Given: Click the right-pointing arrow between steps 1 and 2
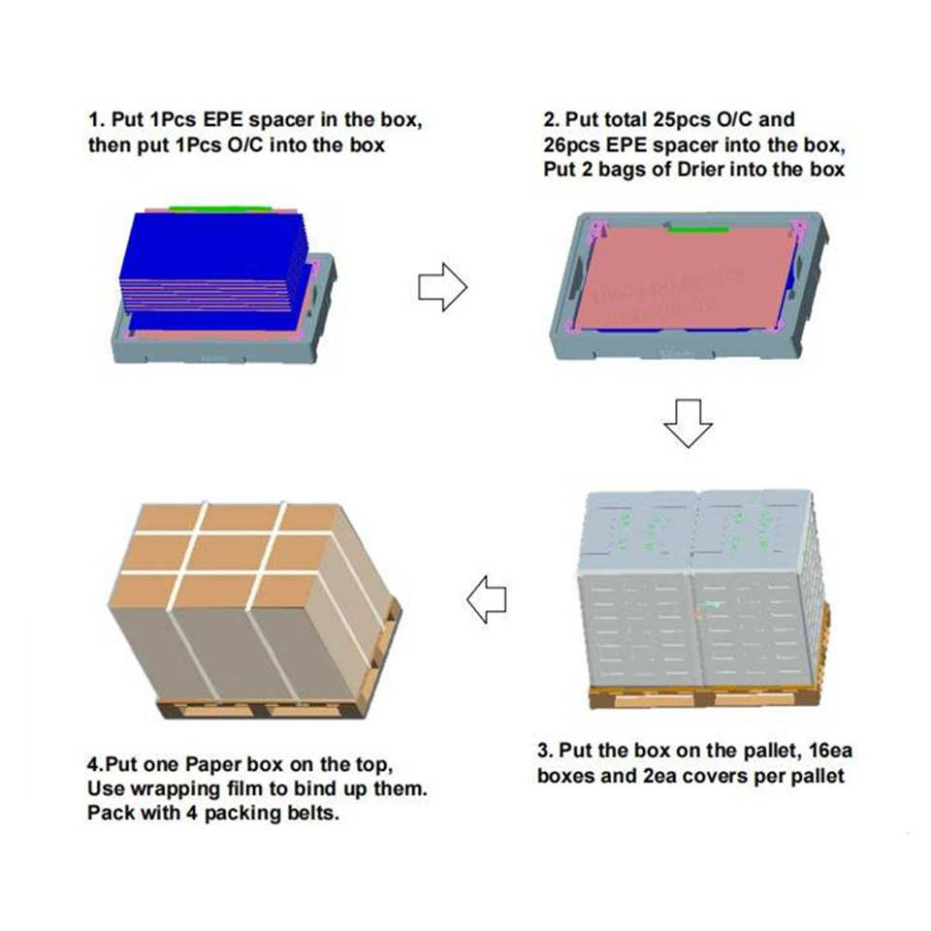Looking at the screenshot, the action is pos(443,287).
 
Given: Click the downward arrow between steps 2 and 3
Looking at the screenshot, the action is pos(688,423).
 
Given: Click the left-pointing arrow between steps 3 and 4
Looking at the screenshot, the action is pos(486,599).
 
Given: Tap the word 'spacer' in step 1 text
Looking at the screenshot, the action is pos(281,120).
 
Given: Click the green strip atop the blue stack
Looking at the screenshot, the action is pos(220,209).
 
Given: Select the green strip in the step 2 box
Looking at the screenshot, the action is pos(697,229).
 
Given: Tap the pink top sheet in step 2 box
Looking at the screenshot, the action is pos(689,278).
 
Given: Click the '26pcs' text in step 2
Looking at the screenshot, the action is pos(572,145).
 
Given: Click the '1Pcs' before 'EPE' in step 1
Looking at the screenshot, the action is pos(173,120).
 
